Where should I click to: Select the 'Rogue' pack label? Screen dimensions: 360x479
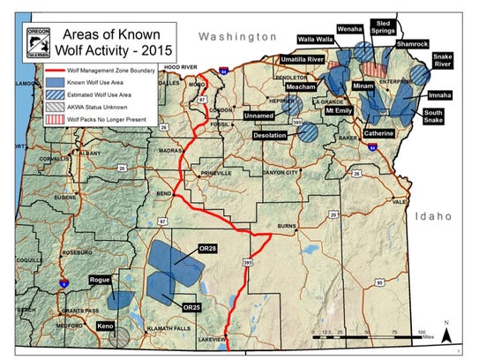tap(102, 280)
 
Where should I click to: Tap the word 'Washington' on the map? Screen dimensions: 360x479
tap(237, 36)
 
